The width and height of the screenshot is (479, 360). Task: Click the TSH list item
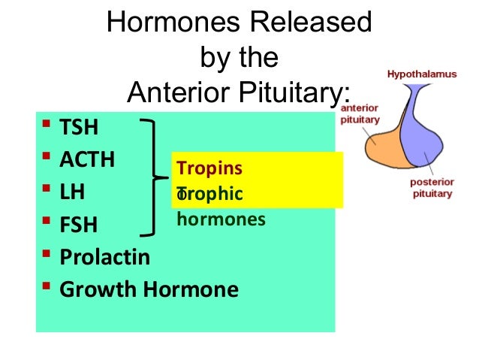79,127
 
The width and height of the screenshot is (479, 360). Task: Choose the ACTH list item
87,159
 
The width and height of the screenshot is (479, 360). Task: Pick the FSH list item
78,225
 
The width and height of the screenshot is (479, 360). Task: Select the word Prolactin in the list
104,257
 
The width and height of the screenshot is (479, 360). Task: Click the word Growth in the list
97,289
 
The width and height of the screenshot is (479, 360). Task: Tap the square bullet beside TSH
47,126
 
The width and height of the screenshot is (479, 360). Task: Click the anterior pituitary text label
361,113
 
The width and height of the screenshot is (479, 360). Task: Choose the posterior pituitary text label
433,188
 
